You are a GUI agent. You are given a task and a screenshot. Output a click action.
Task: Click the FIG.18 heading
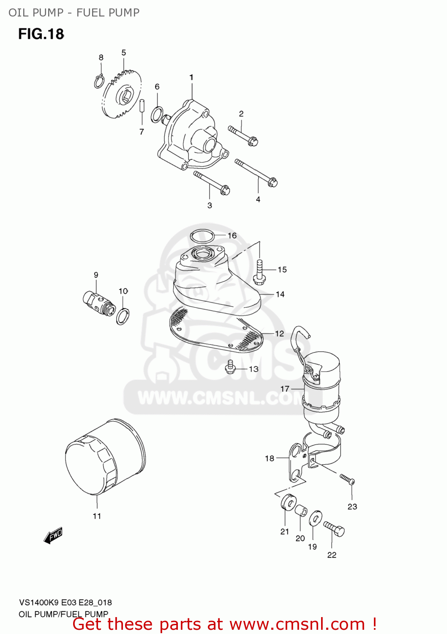pos(41,34)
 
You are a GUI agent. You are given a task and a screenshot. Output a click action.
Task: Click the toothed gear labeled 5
pos(122,96)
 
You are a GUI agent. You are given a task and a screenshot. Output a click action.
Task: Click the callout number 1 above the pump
pos(191,77)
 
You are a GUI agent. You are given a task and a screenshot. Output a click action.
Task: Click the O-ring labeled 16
pos(202,235)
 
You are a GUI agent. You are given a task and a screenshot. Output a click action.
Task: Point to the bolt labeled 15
pos(259,271)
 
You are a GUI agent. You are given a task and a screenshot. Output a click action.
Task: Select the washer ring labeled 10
pos(123,316)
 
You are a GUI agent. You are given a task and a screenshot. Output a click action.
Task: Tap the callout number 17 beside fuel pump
pos(285,388)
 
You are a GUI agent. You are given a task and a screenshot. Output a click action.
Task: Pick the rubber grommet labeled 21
pos(288,502)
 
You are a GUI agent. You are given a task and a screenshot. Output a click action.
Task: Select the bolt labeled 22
pos(334,528)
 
